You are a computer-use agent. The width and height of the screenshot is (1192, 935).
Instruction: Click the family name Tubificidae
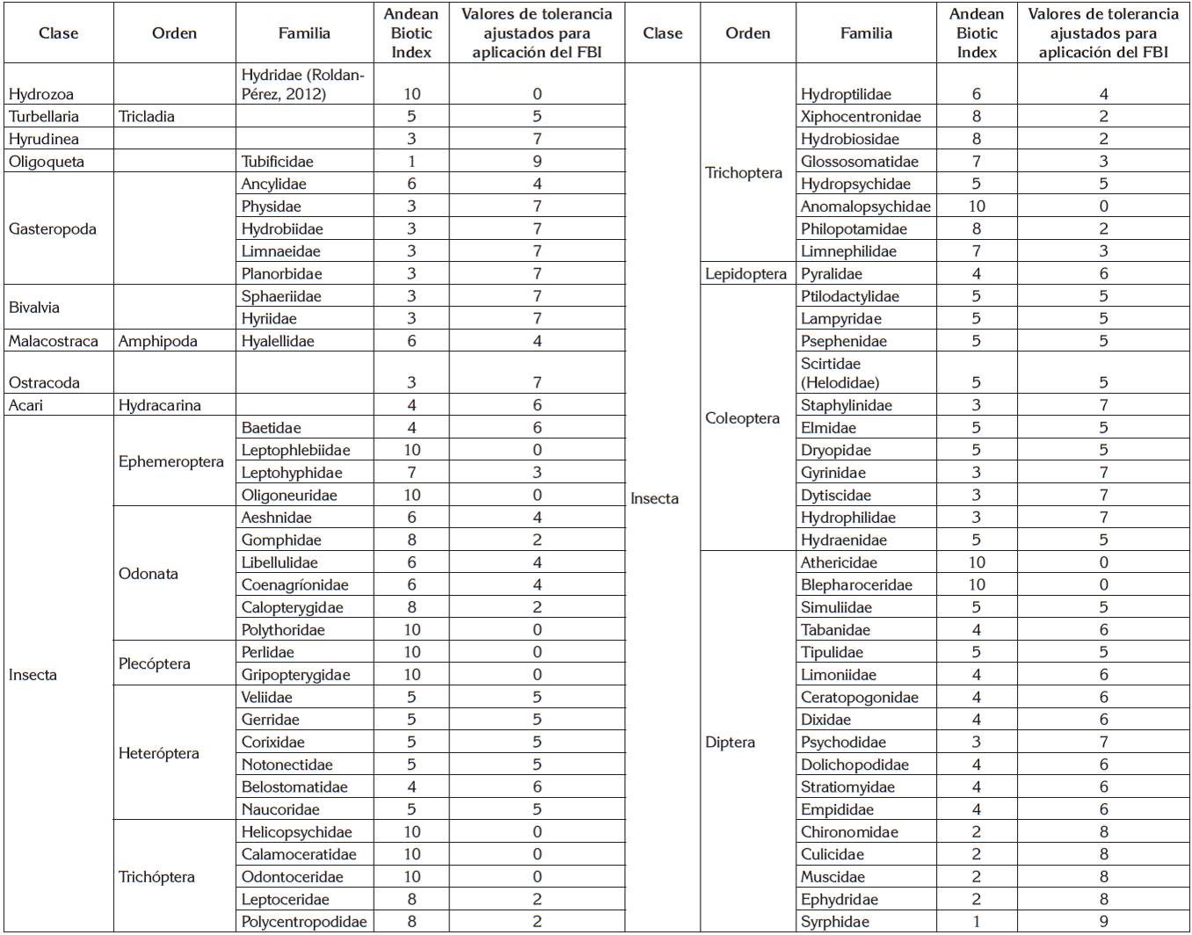point(277,162)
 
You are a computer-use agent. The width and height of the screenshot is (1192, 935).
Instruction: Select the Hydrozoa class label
point(40,94)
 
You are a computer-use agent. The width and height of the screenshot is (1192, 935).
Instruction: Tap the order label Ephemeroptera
point(171,461)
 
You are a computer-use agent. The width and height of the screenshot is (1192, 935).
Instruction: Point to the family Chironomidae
point(849,832)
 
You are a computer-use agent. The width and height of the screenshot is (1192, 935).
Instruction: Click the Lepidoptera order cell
point(745,274)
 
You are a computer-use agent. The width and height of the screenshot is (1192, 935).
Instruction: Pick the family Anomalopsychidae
point(865,207)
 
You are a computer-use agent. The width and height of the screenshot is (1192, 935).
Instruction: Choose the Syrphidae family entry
point(834,922)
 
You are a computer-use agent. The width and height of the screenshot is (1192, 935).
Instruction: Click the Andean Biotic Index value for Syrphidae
point(976,922)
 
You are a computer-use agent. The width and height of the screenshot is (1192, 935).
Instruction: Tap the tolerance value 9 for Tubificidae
point(536,162)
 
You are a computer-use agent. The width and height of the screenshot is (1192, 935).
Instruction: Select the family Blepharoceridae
point(856,585)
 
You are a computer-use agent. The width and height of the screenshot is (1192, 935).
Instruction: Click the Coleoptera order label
point(742,418)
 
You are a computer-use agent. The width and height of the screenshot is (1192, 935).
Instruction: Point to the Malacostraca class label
point(54,342)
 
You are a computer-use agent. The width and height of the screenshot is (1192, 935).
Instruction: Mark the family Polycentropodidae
point(304,922)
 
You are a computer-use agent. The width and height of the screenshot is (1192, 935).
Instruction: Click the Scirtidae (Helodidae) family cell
point(839,373)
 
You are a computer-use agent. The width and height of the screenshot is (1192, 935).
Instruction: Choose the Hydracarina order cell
point(159,406)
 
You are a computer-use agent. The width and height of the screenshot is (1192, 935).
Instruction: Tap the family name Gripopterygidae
point(295,675)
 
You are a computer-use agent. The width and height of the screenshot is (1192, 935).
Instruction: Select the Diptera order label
point(730,743)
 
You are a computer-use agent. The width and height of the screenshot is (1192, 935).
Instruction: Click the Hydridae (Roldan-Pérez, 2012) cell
point(302,84)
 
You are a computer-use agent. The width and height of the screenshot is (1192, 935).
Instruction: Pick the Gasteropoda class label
point(52,229)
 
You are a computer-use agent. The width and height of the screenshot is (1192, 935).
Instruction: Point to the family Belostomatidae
point(294,787)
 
